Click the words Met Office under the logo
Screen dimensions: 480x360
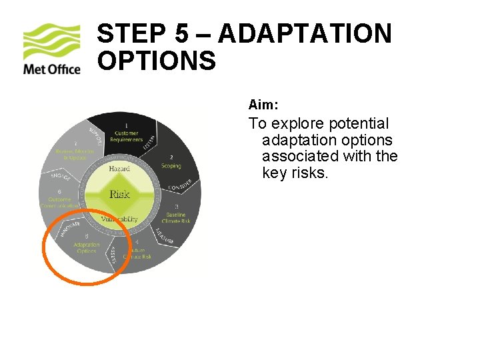pyautogui.click(x=51, y=69)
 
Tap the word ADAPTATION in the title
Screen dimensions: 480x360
pyautogui.click(x=305, y=34)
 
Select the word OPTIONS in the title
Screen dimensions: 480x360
pyautogui.click(x=157, y=61)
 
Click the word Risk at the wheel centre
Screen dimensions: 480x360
pyautogui.click(x=119, y=194)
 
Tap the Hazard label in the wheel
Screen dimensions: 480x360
pyautogui.click(x=119, y=169)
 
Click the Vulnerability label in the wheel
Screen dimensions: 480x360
pyautogui.click(x=119, y=219)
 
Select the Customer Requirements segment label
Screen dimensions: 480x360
pyautogui.click(x=127, y=136)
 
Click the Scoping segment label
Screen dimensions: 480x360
pyautogui.click(x=171, y=163)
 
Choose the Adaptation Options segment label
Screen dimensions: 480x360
pyautogui.click(x=87, y=247)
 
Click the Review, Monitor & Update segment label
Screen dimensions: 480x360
pyautogui.click(x=75, y=153)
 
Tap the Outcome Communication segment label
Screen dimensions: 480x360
pyautogui.click(x=61, y=202)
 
